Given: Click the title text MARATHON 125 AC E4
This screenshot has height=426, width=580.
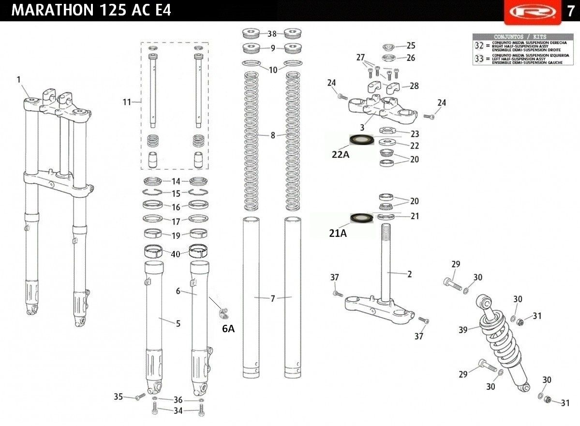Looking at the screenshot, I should click(91, 10).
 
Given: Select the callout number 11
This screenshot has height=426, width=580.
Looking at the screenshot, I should click(127, 102).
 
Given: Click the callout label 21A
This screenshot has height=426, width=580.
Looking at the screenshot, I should click(339, 234).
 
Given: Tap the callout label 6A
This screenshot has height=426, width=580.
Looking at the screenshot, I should click(228, 329).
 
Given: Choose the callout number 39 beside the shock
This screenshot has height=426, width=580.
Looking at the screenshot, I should click(463, 330).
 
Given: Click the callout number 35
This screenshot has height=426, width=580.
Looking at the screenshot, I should click(119, 397).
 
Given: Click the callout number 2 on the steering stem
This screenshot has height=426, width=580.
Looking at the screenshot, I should click(409, 274).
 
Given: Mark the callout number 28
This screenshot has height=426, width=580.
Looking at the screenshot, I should click(414, 86).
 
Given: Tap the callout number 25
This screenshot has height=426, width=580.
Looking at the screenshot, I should click(411, 45).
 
